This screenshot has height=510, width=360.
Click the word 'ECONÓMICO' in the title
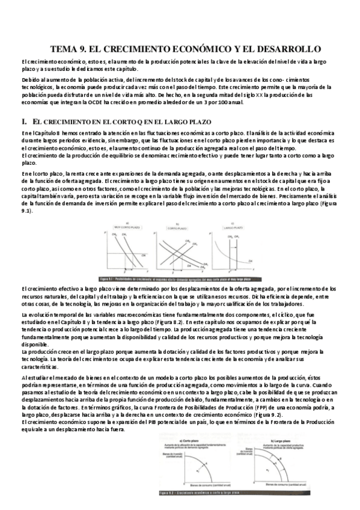point(198,48)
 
